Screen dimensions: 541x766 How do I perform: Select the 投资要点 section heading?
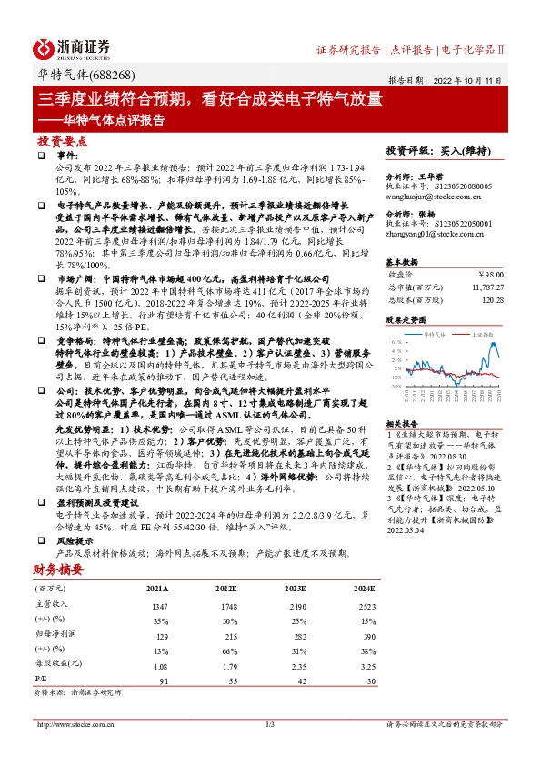(x=63, y=141)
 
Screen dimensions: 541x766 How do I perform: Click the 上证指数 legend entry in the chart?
(x=485, y=334)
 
